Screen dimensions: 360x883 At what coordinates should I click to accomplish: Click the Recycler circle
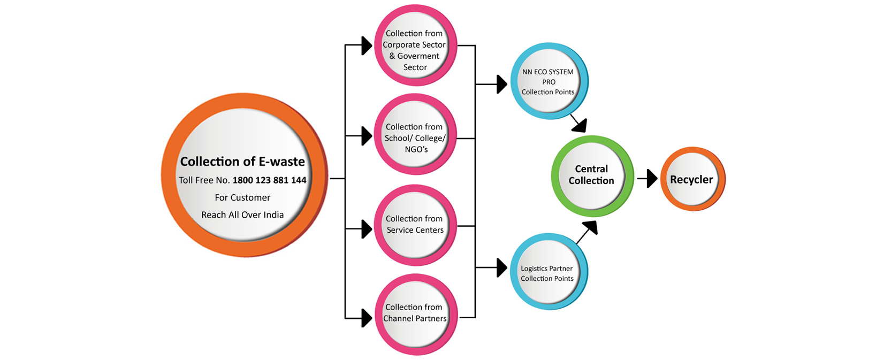tap(692, 179)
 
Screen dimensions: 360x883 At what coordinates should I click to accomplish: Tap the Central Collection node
tap(591, 175)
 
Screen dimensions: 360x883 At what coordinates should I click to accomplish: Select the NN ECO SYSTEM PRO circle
tap(548, 81)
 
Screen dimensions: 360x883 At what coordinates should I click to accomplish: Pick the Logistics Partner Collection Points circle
tap(547, 273)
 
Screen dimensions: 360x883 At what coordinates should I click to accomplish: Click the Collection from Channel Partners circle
tap(415, 313)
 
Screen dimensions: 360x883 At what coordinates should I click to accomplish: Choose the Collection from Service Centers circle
tap(415, 224)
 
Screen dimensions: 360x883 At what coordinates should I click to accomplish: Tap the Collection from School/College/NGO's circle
tap(415, 138)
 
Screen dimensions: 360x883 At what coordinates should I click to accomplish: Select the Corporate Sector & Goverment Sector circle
tap(415, 49)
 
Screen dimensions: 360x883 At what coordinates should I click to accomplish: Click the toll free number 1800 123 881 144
tap(269, 180)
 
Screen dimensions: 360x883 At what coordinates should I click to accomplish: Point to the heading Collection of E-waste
tap(242, 162)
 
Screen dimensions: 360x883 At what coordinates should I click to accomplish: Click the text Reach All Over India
tap(242, 215)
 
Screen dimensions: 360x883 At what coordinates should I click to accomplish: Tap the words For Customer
tap(242, 197)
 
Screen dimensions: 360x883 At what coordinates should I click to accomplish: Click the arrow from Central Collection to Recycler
tap(648, 179)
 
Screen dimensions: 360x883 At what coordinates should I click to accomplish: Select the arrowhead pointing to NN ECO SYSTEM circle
tap(501, 84)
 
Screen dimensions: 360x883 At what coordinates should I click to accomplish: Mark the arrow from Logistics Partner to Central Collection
tap(586, 233)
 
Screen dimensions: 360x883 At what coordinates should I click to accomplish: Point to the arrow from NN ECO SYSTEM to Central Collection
tap(578, 124)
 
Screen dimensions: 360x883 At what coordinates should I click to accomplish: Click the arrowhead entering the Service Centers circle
tap(367, 229)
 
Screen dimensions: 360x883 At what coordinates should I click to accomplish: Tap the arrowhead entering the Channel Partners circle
tap(367, 318)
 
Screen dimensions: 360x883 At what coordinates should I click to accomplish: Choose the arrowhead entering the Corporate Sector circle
tap(367, 46)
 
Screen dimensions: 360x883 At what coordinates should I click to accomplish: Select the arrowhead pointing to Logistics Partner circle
tap(501, 267)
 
